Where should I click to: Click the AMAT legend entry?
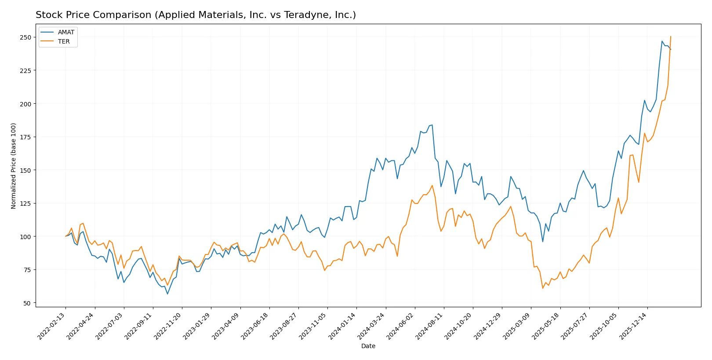pyautogui.click(x=66, y=32)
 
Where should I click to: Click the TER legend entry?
pyautogui.click(x=64, y=41)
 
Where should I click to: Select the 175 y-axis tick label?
pyautogui.click(x=25, y=137)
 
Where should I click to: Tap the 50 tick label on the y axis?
pyautogui.click(x=27, y=303)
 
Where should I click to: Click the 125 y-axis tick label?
pyautogui.click(x=25, y=204)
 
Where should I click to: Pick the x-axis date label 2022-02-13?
pyautogui.click(x=52, y=326)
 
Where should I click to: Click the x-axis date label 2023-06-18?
pyautogui.click(x=255, y=326)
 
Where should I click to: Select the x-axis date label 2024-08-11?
pyautogui.click(x=430, y=326)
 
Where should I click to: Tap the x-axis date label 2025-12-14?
pyautogui.click(x=633, y=326)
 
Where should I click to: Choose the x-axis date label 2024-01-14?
pyautogui.click(x=342, y=326)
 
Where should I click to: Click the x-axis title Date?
pyautogui.click(x=368, y=346)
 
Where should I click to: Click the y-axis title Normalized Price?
pyautogui.click(x=14, y=166)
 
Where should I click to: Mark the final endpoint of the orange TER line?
pyautogui.click(x=671, y=36)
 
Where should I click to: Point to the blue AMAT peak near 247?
pyautogui.click(x=662, y=41)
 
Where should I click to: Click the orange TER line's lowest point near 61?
pyautogui.click(x=543, y=288)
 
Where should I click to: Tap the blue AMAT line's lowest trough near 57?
pyautogui.click(x=167, y=294)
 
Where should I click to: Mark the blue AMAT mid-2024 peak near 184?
pyautogui.click(x=432, y=125)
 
